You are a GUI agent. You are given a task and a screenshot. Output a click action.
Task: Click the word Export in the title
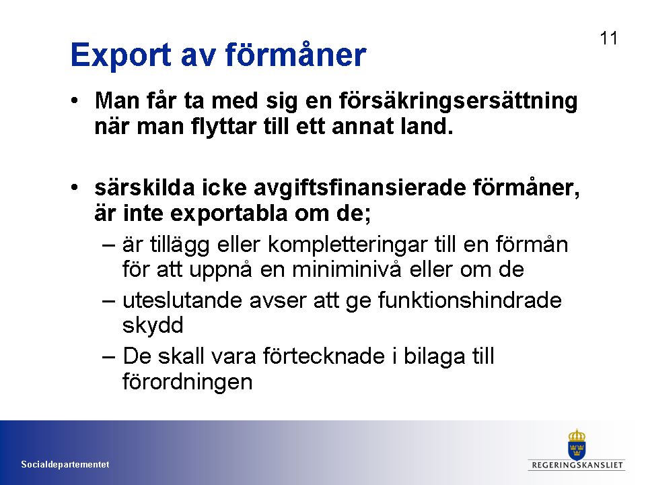pyautogui.click(x=120, y=55)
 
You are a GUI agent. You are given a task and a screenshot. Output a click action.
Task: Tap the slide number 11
pyautogui.click(x=608, y=38)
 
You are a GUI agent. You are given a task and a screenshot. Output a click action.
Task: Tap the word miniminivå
pyautogui.click(x=346, y=269)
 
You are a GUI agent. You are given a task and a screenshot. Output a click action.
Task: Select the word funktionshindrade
pyautogui.click(x=470, y=300)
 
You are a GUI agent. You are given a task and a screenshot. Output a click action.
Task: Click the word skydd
pyautogui.click(x=153, y=325)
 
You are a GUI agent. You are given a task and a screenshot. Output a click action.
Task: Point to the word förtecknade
pyautogui.click(x=324, y=356)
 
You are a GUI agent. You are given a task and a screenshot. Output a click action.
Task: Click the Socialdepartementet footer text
pyautogui.click(x=65, y=464)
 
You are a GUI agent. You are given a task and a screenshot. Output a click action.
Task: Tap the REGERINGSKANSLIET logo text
pyautogui.click(x=577, y=465)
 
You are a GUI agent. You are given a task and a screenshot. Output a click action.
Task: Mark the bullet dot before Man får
pyautogui.click(x=74, y=100)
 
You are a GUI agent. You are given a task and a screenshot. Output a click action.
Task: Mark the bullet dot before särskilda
pyautogui.click(x=74, y=188)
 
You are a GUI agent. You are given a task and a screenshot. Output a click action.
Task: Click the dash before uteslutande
pyautogui.click(x=108, y=301)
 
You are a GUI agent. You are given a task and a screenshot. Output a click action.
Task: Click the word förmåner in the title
pyautogui.click(x=296, y=55)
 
